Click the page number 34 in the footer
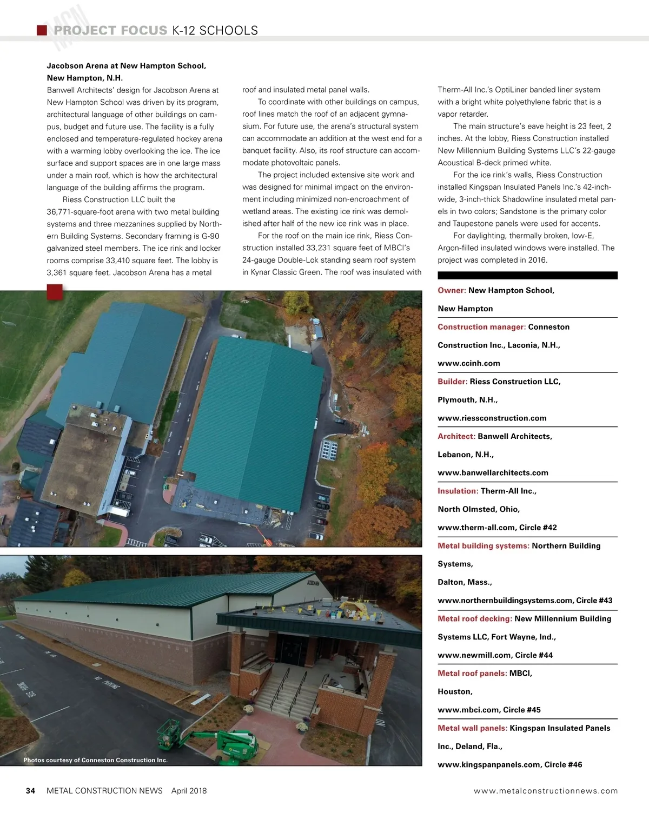[x=31, y=791]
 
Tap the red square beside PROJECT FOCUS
[x=42, y=30]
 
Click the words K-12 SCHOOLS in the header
[x=215, y=31]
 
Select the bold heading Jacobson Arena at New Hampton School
[x=127, y=66]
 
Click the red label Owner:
[x=452, y=290]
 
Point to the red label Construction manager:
[x=481, y=327]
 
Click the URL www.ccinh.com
[x=468, y=363]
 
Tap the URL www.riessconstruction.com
[x=492, y=418]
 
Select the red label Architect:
[x=456, y=436]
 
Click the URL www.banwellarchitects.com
[x=493, y=472]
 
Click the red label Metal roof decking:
[x=474, y=618]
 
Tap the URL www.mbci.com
[x=468, y=710]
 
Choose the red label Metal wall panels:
[x=472, y=728]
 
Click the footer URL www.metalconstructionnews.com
[x=545, y=791]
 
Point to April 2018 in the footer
[x=189, y=791]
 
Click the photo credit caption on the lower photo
[x=95, y=760]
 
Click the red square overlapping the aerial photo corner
[x=55, y=292]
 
